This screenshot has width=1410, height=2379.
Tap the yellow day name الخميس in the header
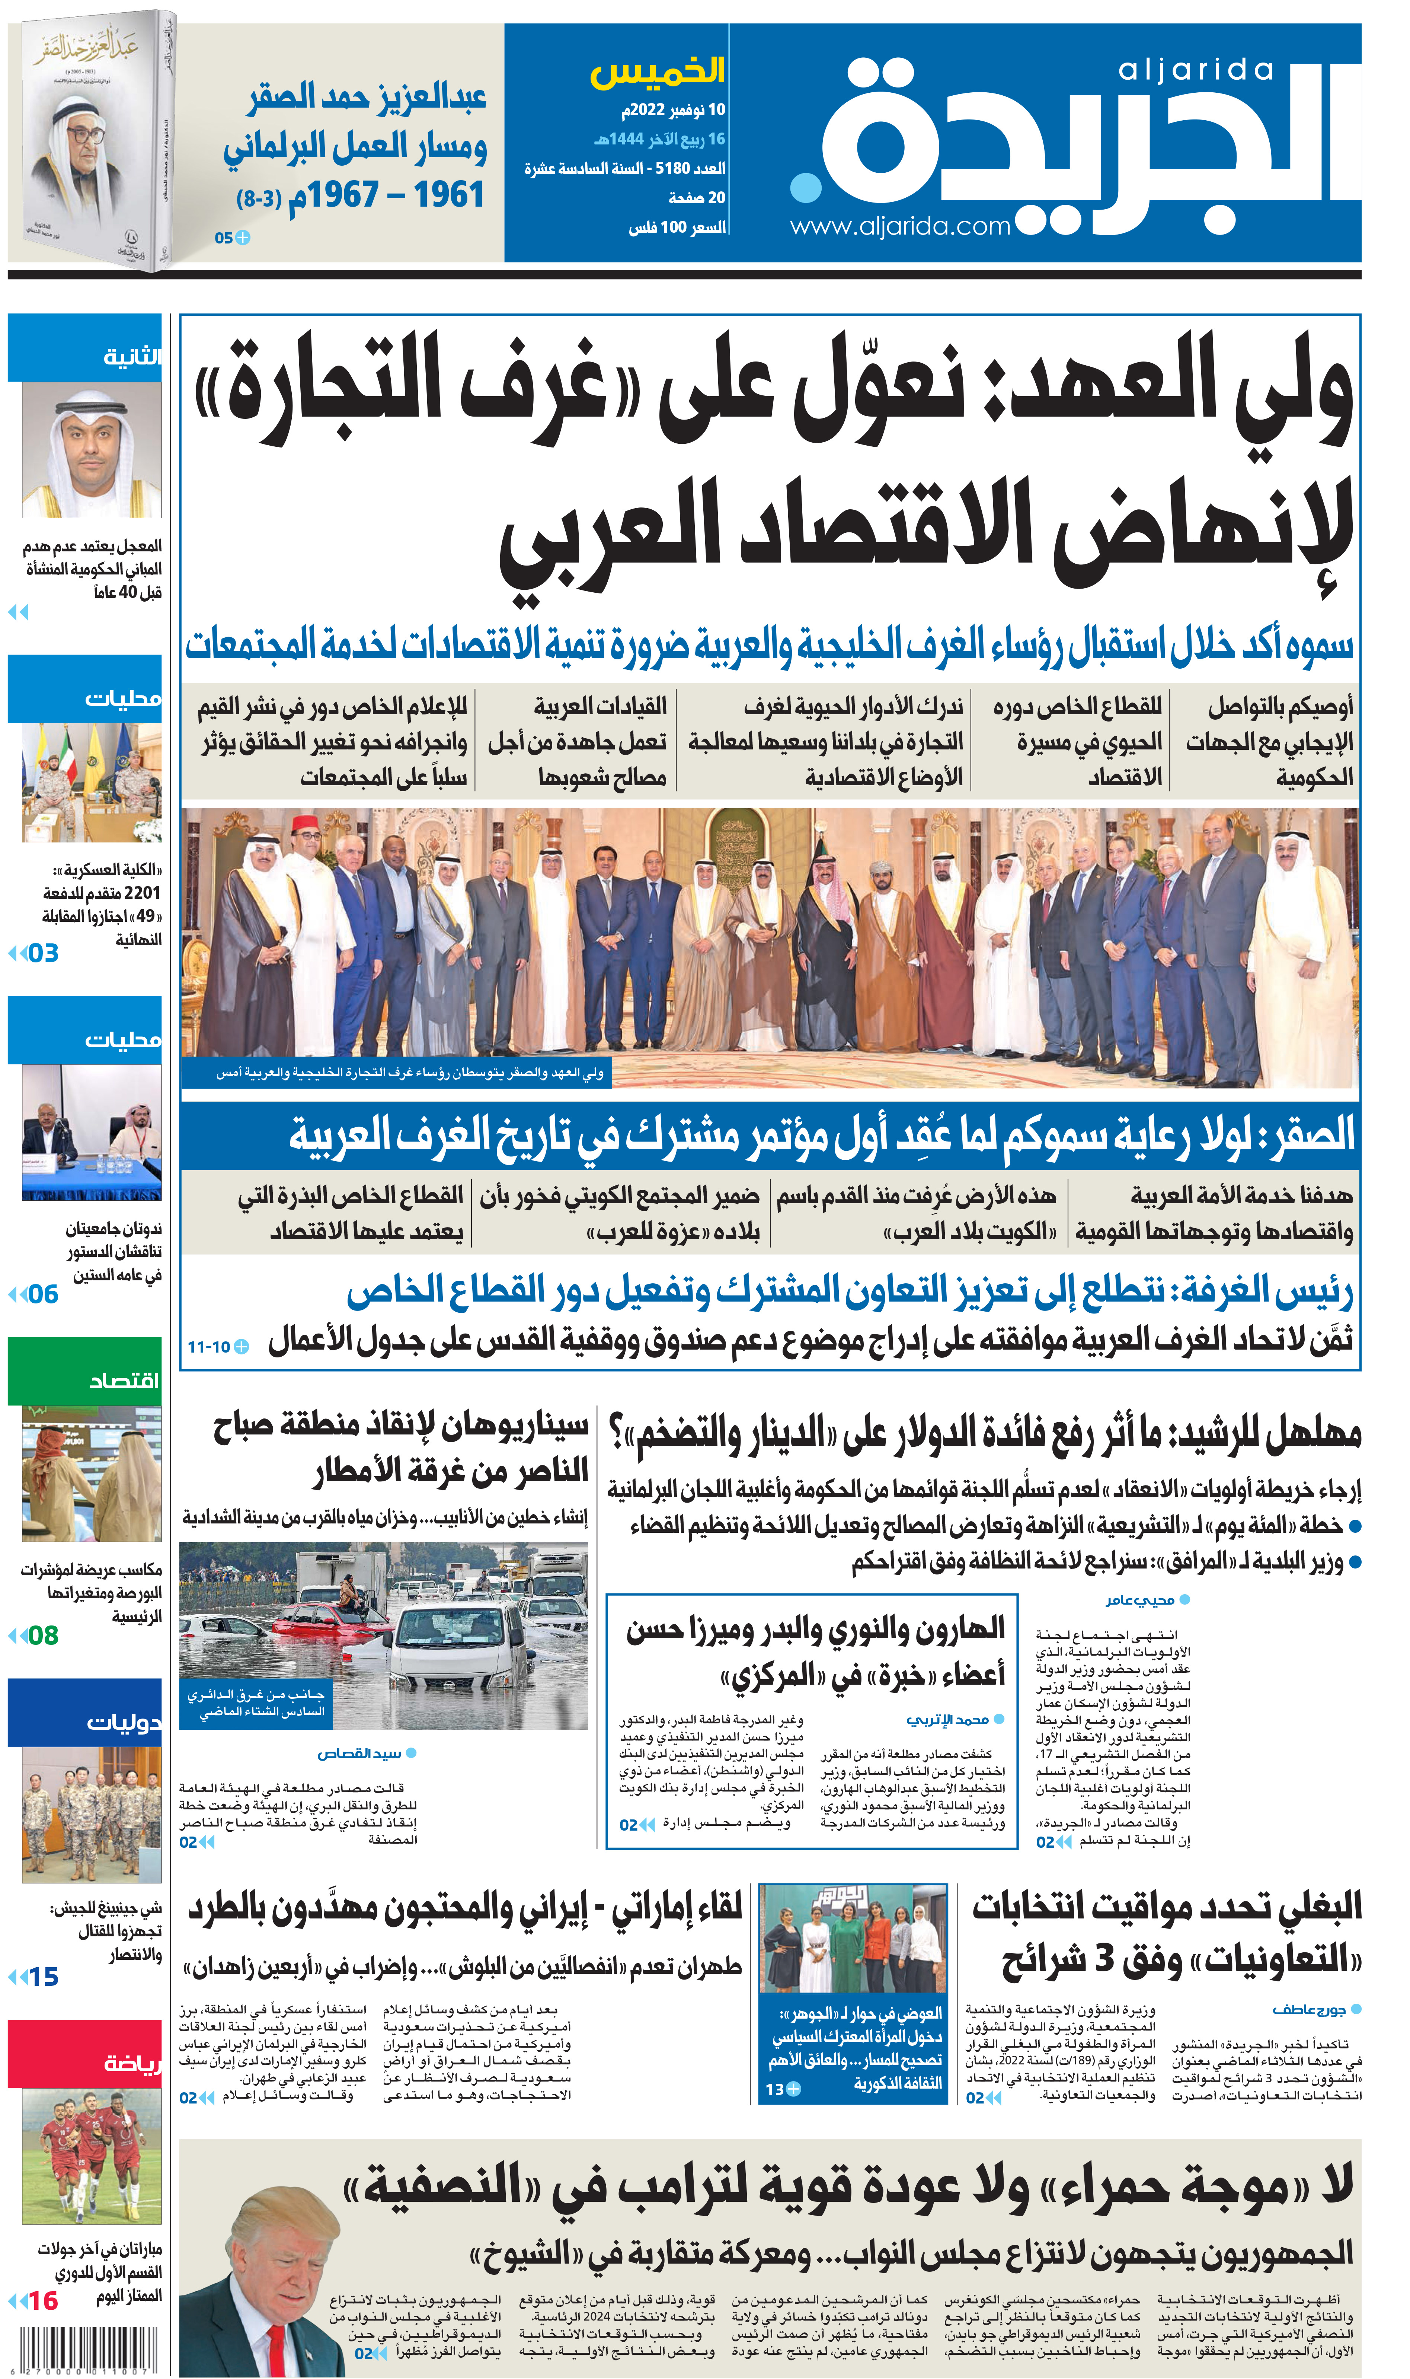click(658, 71)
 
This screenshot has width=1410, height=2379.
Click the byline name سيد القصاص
click(359, 1753)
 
